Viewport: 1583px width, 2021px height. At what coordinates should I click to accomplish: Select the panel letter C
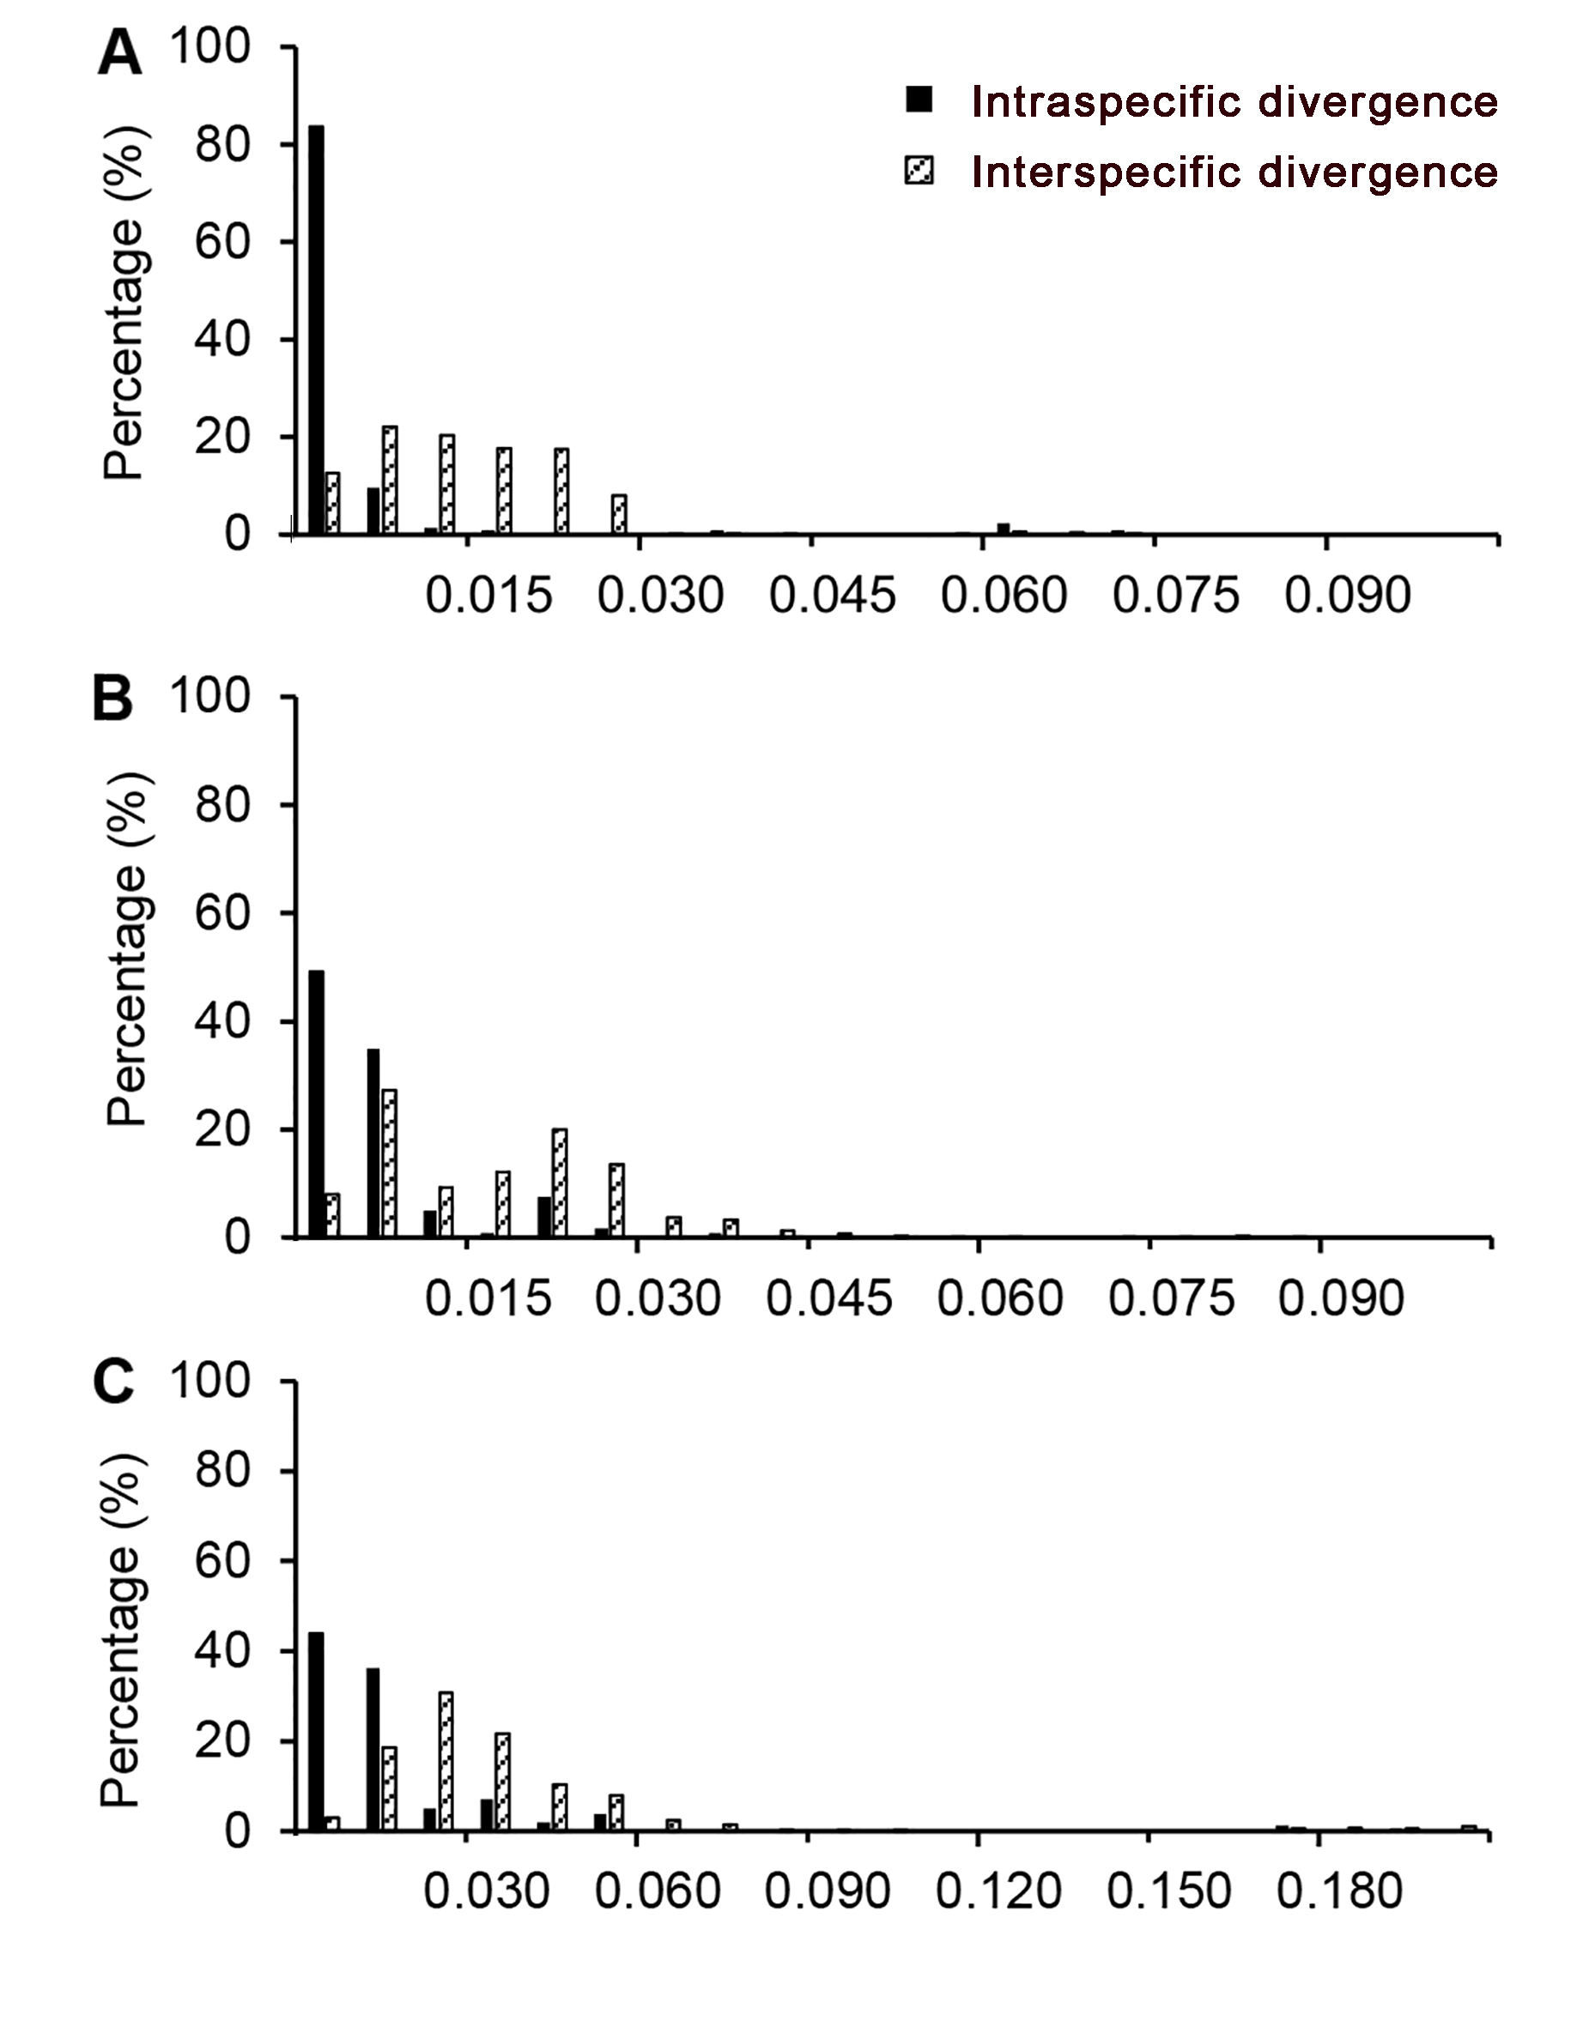[114, 1385]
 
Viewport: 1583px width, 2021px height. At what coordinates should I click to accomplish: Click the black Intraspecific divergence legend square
[919, 100]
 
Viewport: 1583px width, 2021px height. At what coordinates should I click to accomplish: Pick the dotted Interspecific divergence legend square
[919, 172]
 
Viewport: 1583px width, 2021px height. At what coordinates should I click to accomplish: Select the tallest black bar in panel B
[316, 1104]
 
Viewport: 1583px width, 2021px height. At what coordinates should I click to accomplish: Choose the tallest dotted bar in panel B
[389, 1163]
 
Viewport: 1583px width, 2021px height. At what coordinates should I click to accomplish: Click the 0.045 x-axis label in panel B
[828, 1299]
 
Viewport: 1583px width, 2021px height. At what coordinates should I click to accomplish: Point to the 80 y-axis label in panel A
[223, 144]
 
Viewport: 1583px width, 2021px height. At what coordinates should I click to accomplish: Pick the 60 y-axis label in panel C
[223, 1561]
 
